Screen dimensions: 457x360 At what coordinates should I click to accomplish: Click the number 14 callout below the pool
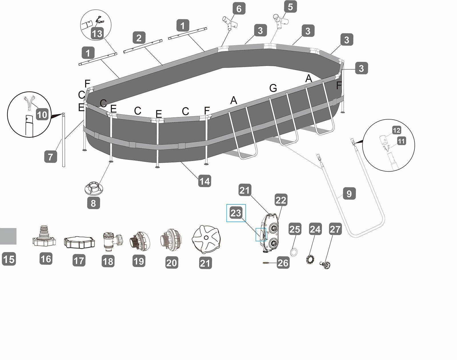(x=205, y=181)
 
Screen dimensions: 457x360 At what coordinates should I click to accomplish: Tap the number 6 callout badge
(x=239, y=9)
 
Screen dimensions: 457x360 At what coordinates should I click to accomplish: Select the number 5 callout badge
(x=290, y=7)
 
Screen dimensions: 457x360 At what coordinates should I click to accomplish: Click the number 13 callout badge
(x=97, y=33)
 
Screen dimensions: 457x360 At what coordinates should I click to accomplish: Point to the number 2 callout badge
(x=139, y=38)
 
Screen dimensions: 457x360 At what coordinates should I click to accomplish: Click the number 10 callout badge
(x=42, y=114)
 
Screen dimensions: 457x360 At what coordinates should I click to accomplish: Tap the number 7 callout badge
(x=51, y=157)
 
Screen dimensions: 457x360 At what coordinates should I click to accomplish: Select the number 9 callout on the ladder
(x=349, y=194)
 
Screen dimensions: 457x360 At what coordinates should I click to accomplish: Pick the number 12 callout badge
(x=396, y=130)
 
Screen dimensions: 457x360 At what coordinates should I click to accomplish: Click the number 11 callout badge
(x=401, y=141)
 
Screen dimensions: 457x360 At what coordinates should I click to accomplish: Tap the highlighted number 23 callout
(x=236, y=213)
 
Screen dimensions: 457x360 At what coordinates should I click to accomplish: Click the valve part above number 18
(x=112, y=241)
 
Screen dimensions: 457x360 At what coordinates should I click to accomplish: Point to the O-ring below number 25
(x=294, y=253)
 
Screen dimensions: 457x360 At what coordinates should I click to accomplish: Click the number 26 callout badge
(x=283, y=263)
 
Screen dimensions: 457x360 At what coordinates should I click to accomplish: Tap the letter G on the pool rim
(x=273, y=88)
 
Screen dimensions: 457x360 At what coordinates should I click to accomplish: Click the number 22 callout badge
(x=281, y=200)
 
